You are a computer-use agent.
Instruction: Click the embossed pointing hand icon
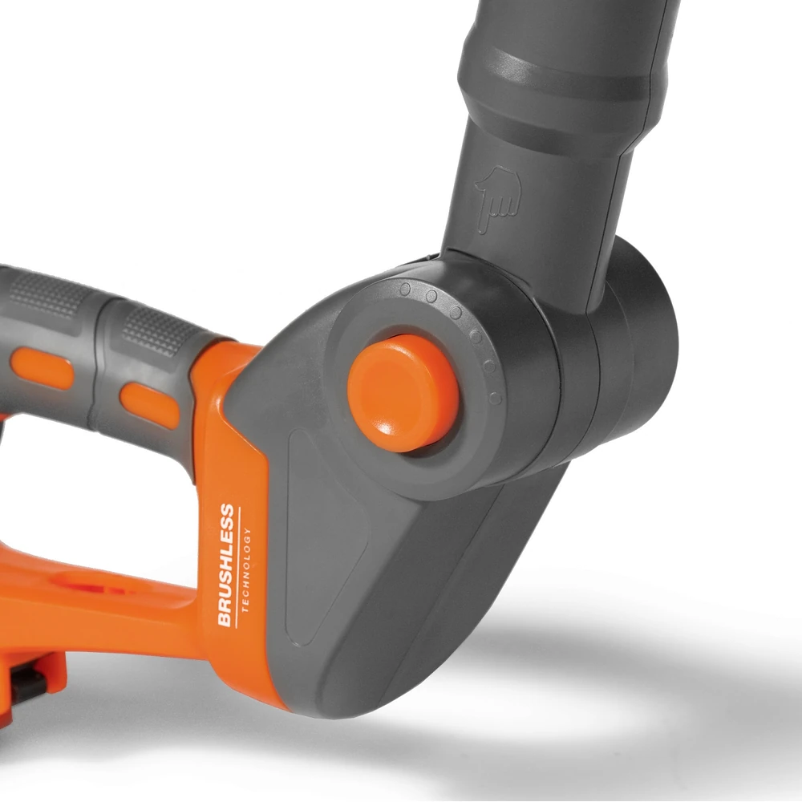click(498, 198)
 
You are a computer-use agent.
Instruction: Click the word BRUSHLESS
click(225, 565)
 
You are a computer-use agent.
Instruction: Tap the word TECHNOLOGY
click(246, 569)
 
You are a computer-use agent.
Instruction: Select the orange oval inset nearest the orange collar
click(150, 404)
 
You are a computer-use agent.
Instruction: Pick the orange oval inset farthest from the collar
click(41, 368)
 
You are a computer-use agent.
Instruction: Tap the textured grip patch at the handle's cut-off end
click(50, 294)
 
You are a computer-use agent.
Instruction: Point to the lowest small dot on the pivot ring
click(495, 398)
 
